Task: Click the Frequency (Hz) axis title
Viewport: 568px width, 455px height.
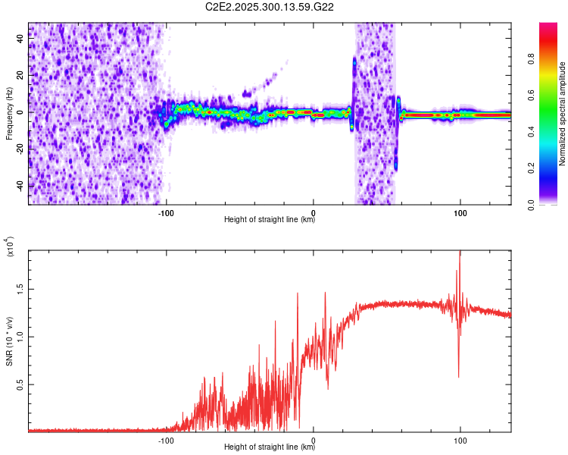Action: click(9, 112)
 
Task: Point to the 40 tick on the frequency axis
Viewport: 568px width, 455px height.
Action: click(20, 39)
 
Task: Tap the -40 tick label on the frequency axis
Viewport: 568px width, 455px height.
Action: click(19, 186)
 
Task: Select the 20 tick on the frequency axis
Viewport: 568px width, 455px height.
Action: click(20, 75)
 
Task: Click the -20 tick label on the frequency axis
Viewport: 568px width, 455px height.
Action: click(19, 149)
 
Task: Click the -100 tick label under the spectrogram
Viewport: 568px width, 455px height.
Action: click(167, 212)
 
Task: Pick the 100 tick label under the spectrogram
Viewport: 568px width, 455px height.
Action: click(460, 212)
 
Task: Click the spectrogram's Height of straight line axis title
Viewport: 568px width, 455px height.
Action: click(270, 220)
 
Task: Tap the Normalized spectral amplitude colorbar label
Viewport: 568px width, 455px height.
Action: click(563, 114)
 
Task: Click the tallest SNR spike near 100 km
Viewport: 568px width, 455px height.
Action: click(460, 253)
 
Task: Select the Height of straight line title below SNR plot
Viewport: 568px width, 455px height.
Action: click(270, 447)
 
